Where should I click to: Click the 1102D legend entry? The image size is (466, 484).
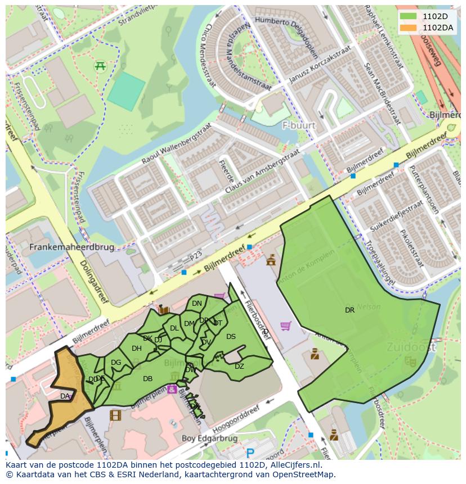click(x=431, y=16)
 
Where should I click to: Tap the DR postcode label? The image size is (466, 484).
click(x=349, y=310)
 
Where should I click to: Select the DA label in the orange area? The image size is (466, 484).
click(x=65, y=396)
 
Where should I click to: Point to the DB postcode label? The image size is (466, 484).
click(x=147, y=379)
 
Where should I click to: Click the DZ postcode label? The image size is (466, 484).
click(x=239, y=367)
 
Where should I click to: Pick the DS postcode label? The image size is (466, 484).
click(x=231, y=337)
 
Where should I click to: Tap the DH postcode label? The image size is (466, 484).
click(x=136, y=349)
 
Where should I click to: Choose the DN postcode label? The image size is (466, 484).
click(x=196, y=304)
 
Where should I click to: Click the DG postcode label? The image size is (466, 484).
click(x=116, y=363)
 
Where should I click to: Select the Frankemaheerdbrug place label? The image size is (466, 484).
click(x=71, y=247)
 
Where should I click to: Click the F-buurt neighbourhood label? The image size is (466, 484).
click(x=299, y=125)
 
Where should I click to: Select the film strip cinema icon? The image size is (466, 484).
click(x=115, y=415)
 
